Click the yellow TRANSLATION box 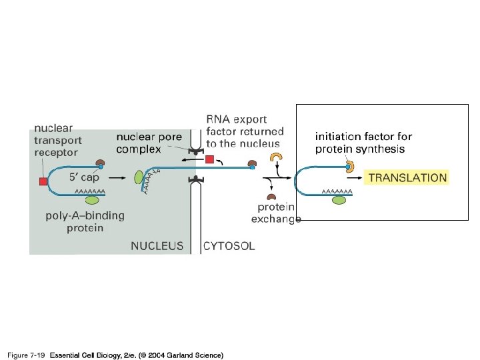tap(407, 178)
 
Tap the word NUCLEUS tap(157, 246)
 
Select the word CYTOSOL tap(229, 246)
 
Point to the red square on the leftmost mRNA tap(43, 181)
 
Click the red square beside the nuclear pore tap(210, 160)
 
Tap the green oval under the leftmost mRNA tap(93, 198)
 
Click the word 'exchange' tap(276, 219)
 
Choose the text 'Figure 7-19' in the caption tap(26, 355)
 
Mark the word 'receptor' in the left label tap(56, 152)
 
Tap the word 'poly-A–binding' tap(85, 216)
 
